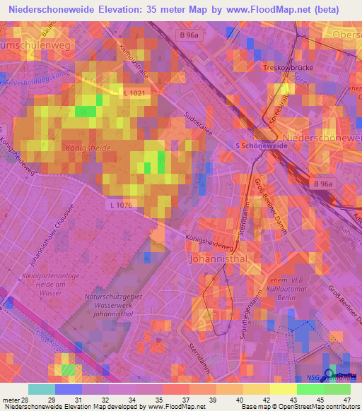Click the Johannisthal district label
point(216,259)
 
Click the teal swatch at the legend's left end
point(42,389)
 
